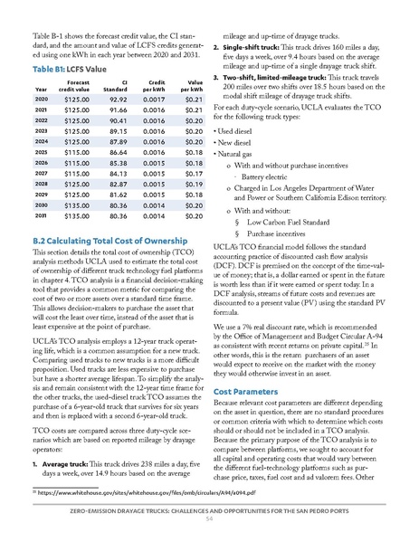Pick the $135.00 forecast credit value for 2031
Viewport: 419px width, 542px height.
click(x=79, y=242)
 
